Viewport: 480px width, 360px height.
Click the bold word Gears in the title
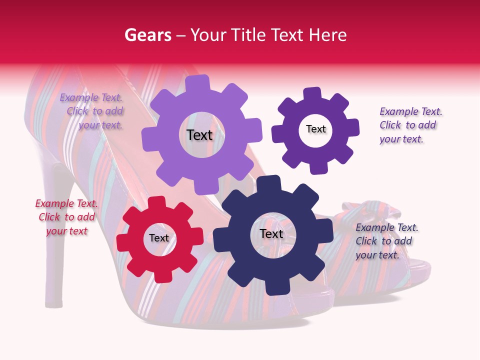(x=147, y=35)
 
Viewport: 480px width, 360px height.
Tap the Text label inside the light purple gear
(x=199, y=135)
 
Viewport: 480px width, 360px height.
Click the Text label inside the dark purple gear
(x=315, y=129)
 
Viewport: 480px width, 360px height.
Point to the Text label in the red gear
(x=159, y=238)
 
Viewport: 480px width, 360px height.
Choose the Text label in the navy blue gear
(x=271, y=234)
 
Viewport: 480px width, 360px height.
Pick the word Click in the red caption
(x=49, y=217)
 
